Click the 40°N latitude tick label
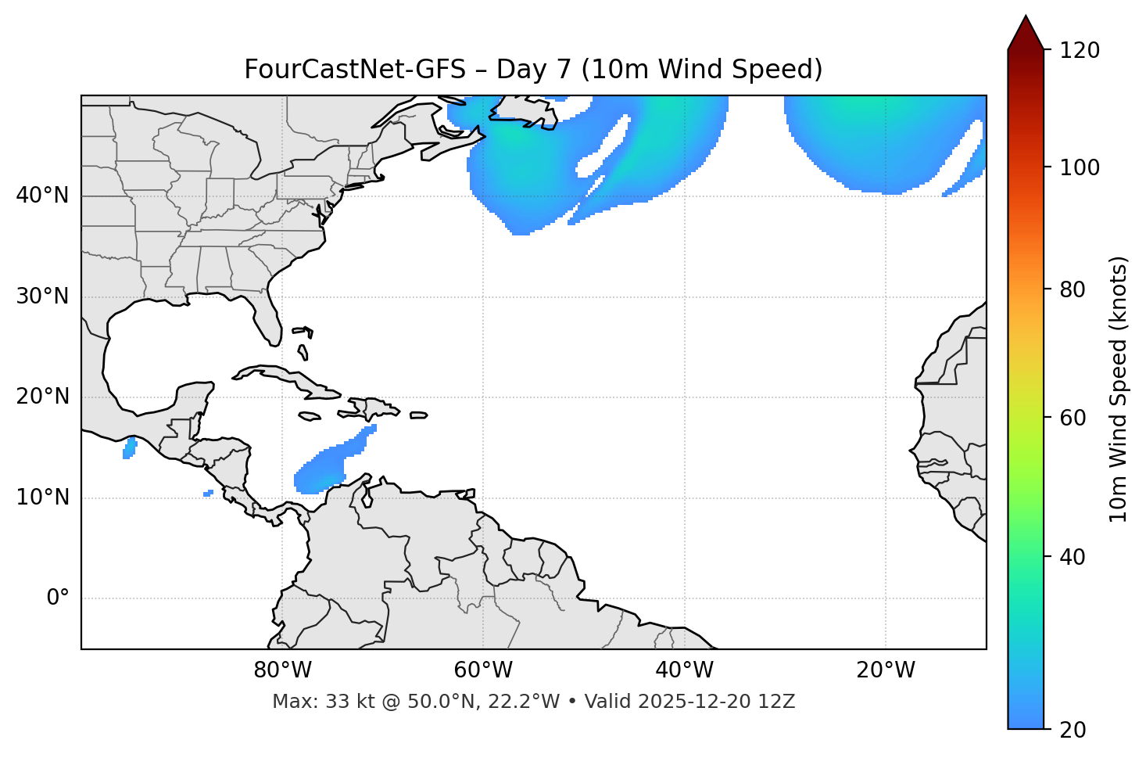(x=43, y=196)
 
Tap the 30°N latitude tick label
(x=43, y=296)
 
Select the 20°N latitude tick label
(x=43, y=397)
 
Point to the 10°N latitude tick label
(x=43, y=498)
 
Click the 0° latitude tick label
(x=57, y=598)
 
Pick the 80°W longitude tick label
(x=282, y=670)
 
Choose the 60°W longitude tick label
(x=483, y=670)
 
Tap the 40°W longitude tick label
(x=685, y=670)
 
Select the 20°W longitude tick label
(x=886, y=670)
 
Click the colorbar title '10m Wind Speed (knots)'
(x=1119, y=389)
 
